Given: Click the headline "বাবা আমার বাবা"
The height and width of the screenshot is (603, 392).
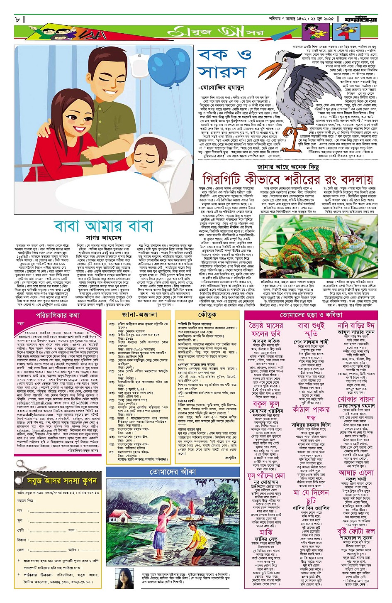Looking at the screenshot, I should tap(103, 227).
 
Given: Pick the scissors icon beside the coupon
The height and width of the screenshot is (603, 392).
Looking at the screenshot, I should tap(25, 468).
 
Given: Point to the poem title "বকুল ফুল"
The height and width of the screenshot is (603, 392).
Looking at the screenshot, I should tap(265, 403).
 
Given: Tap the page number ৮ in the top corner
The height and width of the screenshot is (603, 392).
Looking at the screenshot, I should tap(17, 19).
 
